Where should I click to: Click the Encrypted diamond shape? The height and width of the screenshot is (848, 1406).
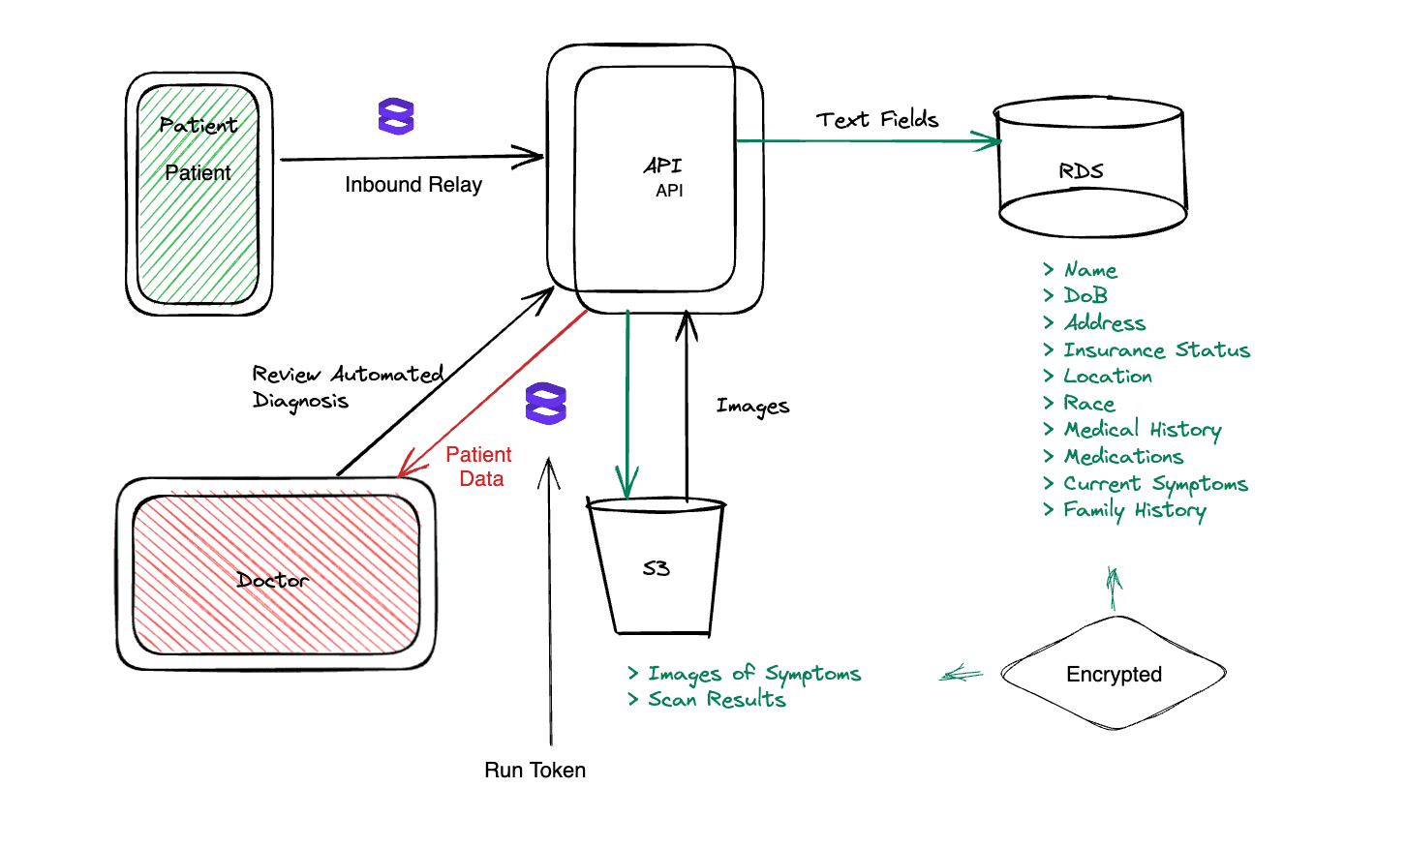[1115, 673]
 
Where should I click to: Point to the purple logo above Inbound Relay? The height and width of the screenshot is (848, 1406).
[396, 116]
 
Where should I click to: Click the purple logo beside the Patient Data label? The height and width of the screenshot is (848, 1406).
[546, 404]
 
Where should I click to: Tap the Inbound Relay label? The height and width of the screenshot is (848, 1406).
[413, 185]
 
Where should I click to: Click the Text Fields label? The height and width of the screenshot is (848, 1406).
[877, 119]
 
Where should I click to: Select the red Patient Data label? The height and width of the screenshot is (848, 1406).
[479, 467]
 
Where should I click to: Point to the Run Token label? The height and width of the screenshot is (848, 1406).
[535, 771]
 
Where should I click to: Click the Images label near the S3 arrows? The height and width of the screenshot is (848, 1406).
[752, 407]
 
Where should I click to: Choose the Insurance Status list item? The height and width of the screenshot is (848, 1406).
[1146, 349]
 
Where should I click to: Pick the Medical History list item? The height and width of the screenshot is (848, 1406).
[1133, 430]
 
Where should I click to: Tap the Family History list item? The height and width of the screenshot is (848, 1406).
[1125, 510]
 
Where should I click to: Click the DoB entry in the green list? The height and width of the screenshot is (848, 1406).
[1075, 295]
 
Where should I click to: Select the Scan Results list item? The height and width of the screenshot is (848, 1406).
[708, 699]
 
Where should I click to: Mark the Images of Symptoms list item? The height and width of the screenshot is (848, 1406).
[745, 674]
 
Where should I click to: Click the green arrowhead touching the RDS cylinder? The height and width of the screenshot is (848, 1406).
[987, 141]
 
